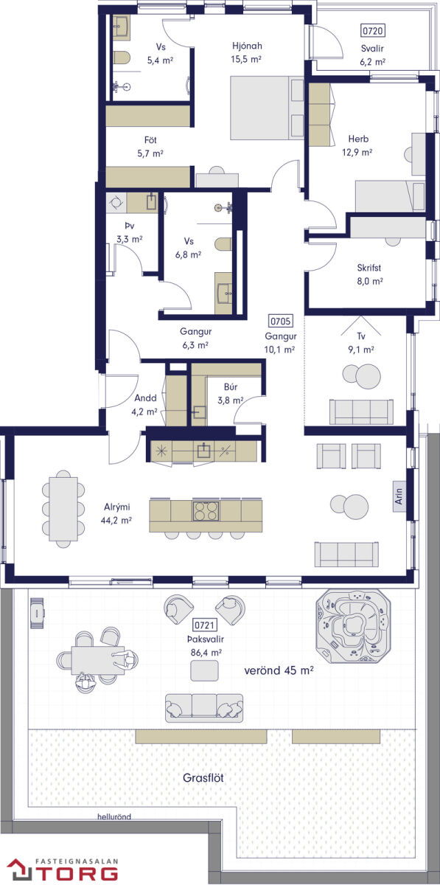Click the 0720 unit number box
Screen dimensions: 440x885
(372, 30)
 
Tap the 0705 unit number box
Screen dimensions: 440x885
(280, 322)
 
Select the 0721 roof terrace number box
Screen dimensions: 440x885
(205, 625)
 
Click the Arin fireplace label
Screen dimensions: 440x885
(399, 496)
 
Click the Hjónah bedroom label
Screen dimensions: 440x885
(247, 46)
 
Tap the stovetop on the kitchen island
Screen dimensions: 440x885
(206, 510)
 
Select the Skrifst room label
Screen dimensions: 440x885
(369, 268)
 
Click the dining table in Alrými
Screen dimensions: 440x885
(63, 509)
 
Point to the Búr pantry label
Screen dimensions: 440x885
(231, 386)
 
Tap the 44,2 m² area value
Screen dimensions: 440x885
(116, 521)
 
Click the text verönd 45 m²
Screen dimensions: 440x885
(279, 670)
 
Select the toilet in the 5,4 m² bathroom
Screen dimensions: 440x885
(122, 58)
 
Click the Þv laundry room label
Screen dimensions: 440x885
(130, 226)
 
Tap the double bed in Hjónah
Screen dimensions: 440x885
(267, 108)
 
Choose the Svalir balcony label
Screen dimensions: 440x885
(372, 49)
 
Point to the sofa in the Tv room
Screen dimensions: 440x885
(361, 412)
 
